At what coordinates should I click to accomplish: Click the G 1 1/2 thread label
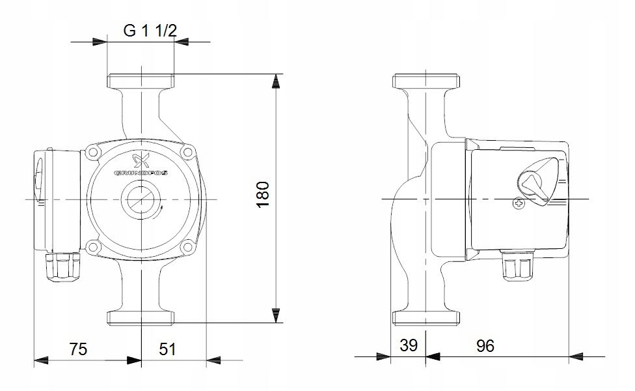click(150, 31)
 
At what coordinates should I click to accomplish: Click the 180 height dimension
click(263, 194)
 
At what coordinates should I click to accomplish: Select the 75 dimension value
click(78, 349)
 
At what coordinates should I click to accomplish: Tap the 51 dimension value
click(167, 349)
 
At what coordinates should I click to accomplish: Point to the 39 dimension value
click(408, 345)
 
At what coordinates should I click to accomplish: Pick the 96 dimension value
click(485, 345)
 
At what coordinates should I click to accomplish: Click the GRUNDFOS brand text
click(141, 173)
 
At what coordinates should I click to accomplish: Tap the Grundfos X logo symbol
click(141, 160)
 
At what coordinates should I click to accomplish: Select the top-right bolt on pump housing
click(187, 152)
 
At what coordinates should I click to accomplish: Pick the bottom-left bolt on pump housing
click(93, 246)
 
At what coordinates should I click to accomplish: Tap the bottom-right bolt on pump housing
click(187, 246)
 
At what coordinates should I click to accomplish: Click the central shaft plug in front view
click(141, 199)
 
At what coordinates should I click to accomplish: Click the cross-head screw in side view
click(519, 203)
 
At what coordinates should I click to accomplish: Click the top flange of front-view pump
click(141, 81)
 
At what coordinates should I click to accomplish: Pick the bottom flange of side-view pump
click(426, 319)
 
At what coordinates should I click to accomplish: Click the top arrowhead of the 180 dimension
click(276, 81)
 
